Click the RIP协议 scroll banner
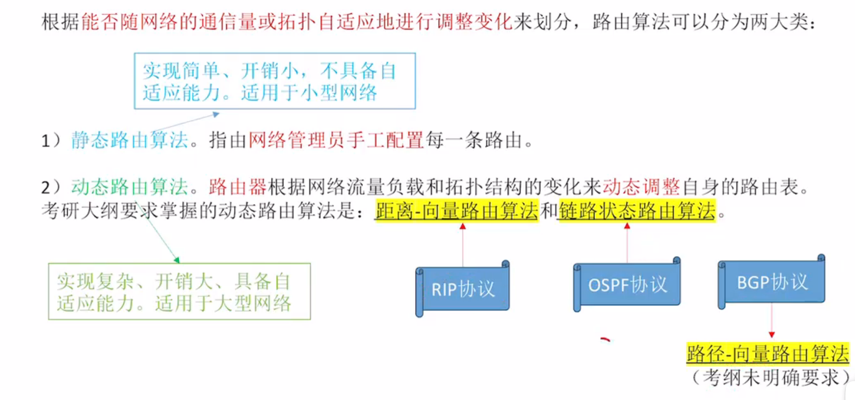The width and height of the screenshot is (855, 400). tap(463, 289)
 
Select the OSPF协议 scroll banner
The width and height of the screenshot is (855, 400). tap(627, 285)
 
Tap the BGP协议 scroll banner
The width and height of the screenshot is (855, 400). tap(772, 282)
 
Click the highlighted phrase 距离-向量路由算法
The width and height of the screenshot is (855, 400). tap(457, 210)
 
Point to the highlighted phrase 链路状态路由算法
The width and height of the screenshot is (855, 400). tap(637, 210)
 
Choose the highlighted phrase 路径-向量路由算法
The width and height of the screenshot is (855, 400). tap(768, 354)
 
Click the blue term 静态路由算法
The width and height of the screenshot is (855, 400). tap(130, 140)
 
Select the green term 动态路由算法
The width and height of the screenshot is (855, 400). tap(130, 187)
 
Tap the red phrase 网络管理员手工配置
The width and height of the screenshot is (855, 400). tap(336, 140)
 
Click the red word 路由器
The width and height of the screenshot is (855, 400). tap(237, 187)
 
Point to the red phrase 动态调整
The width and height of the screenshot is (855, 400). tap(641, 187)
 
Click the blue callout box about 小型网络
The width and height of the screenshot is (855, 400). tap(275, 81)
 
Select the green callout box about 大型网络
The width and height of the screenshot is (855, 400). tap(179, 292)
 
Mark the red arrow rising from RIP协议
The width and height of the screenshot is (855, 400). tap(463, 245)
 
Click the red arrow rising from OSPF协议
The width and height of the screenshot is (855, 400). tap(627, 243)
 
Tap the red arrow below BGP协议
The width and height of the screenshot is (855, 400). tap(772, 320)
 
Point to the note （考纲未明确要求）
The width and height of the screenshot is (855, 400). tap(770, 377)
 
